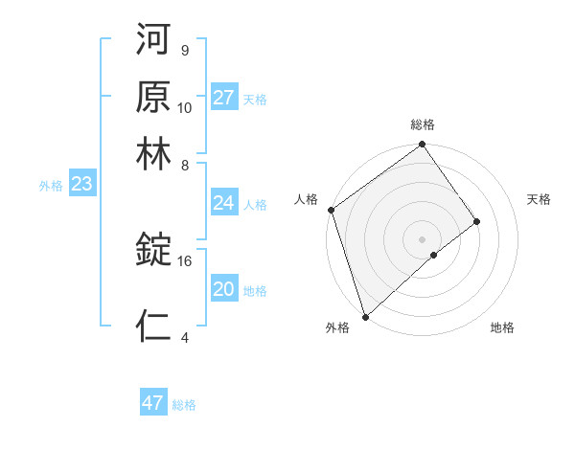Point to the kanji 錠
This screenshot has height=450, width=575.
(153, 250)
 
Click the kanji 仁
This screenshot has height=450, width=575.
(153, 326)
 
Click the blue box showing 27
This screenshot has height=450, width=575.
(224, 98)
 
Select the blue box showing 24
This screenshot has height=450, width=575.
(224, 203)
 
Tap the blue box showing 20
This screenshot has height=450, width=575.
(224, 289)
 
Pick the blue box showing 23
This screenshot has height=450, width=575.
(81, 185)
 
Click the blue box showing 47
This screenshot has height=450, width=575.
(153, 403)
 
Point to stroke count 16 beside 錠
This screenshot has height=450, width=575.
(185, 260)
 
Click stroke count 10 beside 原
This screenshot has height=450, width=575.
(185, 107)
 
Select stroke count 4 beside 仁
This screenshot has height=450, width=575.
(184, 337)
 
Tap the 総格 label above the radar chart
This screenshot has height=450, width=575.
(423, 124)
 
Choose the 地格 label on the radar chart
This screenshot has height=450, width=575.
(502, 328)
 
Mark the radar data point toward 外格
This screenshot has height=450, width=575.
(365, 315)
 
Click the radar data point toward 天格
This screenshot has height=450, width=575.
(476, 221)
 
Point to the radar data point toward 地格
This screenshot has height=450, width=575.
(434, 255)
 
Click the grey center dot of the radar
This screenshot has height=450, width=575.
(423, 238)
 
